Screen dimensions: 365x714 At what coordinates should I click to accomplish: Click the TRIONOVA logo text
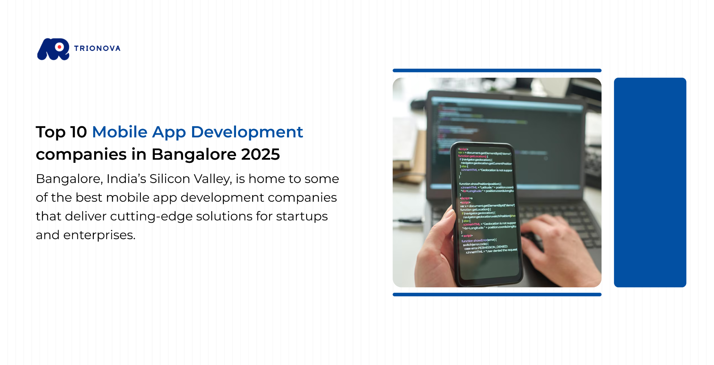click(x=97, y=48)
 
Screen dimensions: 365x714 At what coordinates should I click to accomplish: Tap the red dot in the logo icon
click(x=60, y=47)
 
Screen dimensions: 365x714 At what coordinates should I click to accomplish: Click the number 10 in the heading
click(x=78, y=132)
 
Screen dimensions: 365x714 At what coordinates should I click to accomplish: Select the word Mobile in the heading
click(x=120, y=132)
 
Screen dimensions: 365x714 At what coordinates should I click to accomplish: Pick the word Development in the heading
click(x=247, y=132)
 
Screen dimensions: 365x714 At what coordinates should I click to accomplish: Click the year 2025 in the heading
click(x=260, y=154)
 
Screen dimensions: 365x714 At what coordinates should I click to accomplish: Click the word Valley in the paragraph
click(x=213, y=179)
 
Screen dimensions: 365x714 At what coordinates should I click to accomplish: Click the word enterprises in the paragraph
click(x=99, y=235)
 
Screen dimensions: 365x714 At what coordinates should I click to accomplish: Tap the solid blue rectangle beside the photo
click(x=650, y=182)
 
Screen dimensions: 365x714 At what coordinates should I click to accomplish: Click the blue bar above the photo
click(x=497, y=70)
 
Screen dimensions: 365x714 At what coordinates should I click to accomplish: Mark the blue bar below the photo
click(x=497, y=295)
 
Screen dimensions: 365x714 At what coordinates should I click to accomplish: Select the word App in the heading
click(x=169, y=132)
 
